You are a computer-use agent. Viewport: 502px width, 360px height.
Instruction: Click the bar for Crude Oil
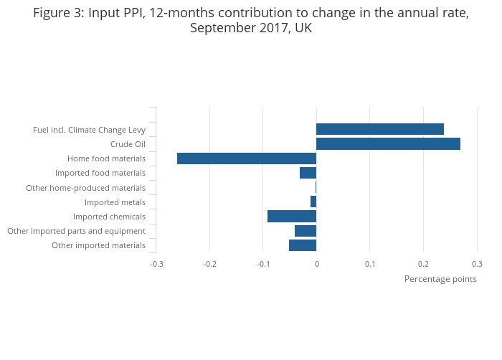388,144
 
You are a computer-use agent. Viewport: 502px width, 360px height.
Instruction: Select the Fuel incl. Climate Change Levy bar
380,129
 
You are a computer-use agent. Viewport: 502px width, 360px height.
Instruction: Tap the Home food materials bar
247,158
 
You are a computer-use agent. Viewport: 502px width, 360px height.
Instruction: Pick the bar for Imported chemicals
292,217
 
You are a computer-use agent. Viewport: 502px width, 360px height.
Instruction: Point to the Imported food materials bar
308,173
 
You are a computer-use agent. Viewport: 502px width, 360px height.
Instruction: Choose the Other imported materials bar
303,245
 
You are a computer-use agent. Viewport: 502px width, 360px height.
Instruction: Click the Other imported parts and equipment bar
306,231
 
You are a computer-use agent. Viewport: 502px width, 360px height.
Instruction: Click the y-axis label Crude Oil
128,144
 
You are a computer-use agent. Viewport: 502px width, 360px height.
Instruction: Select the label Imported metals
115,202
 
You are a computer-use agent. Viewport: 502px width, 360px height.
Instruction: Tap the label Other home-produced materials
85,188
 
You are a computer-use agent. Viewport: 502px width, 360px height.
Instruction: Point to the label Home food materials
106,158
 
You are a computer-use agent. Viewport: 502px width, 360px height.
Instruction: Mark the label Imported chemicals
109,217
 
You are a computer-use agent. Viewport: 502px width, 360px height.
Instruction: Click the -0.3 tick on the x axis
156,264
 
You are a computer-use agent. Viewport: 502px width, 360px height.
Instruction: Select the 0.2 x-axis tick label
423,264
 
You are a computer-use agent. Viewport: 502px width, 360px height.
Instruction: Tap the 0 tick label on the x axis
316,264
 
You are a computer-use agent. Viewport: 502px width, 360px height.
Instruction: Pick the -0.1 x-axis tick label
263,264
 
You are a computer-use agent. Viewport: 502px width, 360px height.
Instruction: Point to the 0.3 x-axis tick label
477,264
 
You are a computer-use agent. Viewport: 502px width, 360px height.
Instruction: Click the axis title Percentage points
440,279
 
